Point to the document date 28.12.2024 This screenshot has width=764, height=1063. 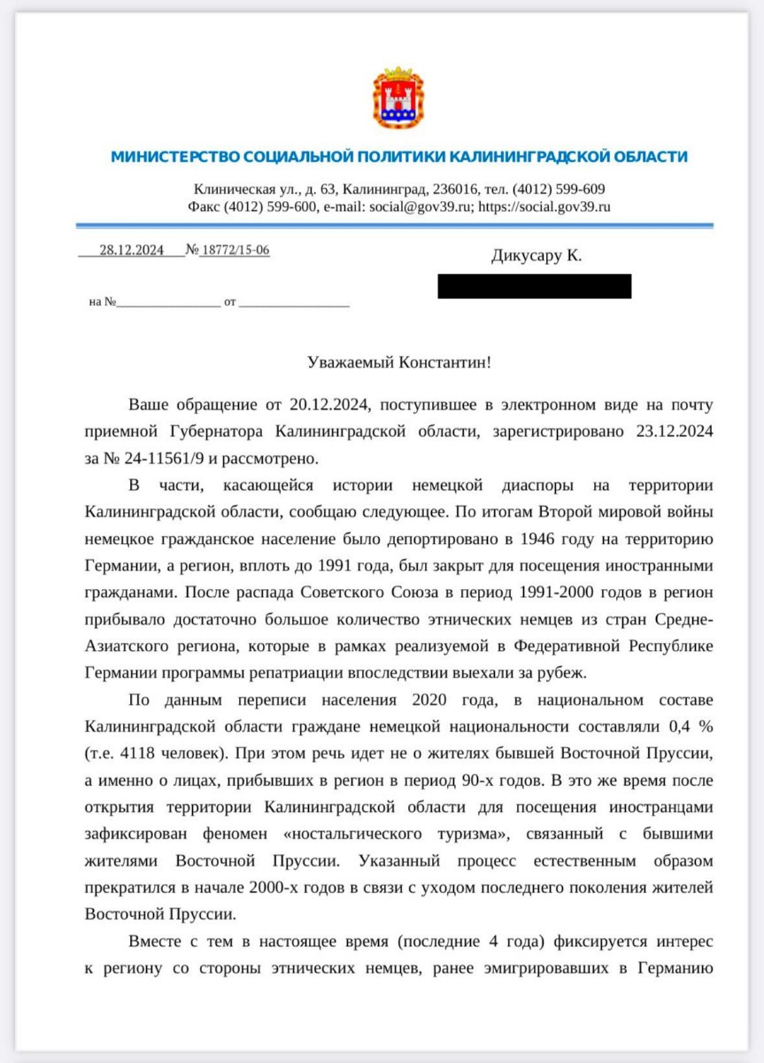[132, 251]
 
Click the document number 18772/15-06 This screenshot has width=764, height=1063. [235, 251]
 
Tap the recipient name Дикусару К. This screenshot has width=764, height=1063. [536, 257]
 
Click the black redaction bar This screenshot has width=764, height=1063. [535, 286]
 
